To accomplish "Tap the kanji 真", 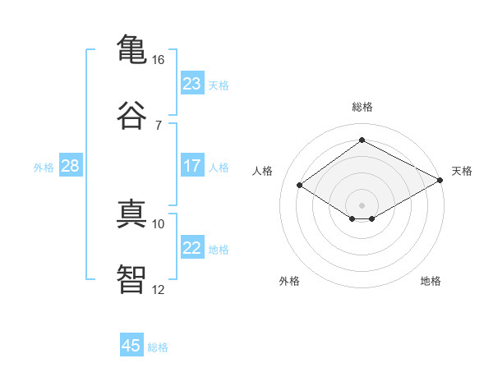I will point(131,213).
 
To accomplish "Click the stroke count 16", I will point(158,60).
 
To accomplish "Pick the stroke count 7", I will point(158,125).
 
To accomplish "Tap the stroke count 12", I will point(158,289).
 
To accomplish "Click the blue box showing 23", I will point(191,84).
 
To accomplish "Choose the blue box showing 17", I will point(191,166).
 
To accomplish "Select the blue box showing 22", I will point(191,248).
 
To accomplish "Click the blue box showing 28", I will point(70,166).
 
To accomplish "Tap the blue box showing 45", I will point(131,346).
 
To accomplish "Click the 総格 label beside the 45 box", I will point(158,347).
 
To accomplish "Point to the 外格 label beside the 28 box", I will point(44,168).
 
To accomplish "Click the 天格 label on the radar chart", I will point(462,171).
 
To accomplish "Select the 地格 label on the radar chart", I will point(431,281).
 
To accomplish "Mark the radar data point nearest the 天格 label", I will point(440,181).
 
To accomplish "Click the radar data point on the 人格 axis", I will point(300,186).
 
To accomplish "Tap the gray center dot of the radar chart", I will point(362,204).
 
